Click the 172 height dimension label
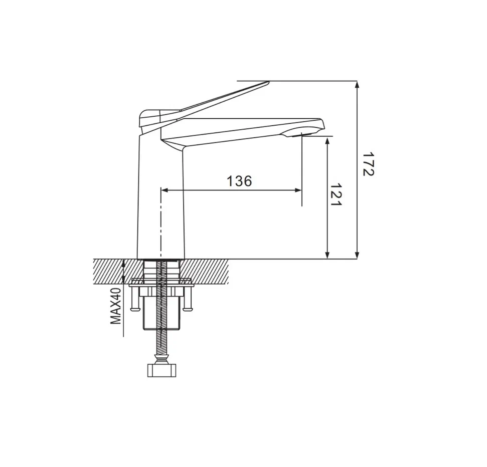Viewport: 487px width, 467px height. click(x=369, y=164)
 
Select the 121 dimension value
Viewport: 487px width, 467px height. click(x=336, y=194)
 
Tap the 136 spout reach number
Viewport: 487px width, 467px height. click(x=239, y=181)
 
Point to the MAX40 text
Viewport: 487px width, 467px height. click(x=116, y=306)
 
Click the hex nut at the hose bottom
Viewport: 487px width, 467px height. click(x=161, y=370)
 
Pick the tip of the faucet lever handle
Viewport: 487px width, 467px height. click(x=268, y=82)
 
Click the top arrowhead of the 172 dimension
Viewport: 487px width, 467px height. click(x=357, y=84)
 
